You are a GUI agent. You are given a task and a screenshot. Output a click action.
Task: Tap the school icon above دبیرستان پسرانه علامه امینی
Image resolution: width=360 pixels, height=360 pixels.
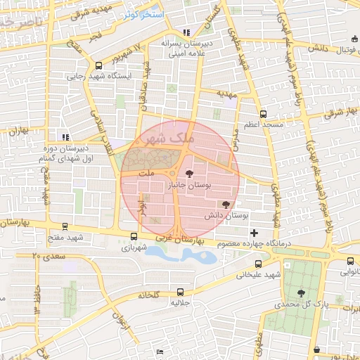(x=186, y=32)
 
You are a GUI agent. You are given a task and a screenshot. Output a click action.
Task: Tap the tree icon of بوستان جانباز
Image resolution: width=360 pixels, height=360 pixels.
(x=188, y=173)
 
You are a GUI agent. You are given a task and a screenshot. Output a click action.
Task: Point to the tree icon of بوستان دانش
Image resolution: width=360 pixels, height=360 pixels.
(x=225, y=204)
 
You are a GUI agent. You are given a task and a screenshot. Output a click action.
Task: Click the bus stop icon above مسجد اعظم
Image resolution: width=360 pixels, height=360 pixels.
(x=263, y=114)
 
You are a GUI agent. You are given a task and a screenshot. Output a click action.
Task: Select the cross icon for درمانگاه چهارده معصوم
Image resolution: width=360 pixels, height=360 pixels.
(x=254, y=233)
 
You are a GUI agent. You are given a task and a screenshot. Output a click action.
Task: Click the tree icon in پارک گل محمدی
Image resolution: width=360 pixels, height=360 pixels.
(x=301, y=293)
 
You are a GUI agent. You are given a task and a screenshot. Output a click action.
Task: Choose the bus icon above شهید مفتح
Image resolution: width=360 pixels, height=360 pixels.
(x=65, y=227)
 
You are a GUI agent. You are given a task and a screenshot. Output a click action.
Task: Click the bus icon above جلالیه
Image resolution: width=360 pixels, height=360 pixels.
(x=181, y=292)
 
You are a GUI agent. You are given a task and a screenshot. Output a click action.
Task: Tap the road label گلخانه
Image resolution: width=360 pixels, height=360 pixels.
(x=148, y=294)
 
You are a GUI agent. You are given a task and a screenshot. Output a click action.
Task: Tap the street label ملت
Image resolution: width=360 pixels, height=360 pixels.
(x=146, y=172)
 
